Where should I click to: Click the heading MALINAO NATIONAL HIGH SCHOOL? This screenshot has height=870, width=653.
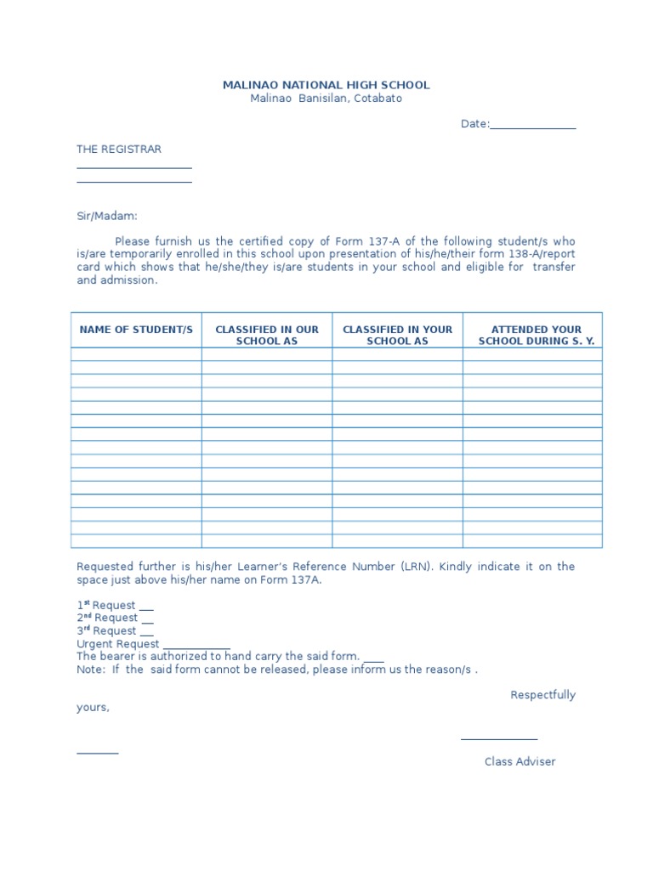point(326,85)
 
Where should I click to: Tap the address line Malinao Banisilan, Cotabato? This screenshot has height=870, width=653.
point(326,99)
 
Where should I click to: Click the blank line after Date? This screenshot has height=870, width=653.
point(533,126)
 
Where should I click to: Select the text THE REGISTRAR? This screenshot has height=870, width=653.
point(119,149)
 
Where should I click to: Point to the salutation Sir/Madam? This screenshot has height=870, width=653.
point(106,217)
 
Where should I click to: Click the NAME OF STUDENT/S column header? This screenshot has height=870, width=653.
point(136,330)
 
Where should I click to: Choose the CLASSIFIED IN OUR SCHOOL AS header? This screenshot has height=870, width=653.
point(267,335)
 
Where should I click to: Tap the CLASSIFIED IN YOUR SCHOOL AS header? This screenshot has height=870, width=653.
point(397,335)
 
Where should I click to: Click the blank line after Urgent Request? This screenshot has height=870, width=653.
point(196,647)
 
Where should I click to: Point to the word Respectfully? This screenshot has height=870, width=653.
point(542,695)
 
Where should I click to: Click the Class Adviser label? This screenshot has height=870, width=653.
point(520,761)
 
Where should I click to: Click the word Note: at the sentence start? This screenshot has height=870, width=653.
point(90,669)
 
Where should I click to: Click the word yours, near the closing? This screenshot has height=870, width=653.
point(93,707)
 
